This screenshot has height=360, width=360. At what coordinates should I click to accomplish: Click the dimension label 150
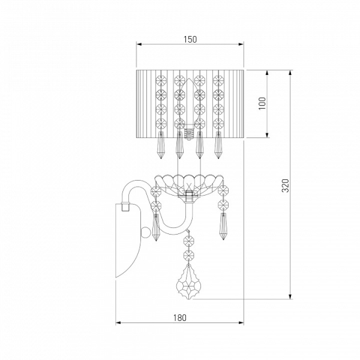pyautogui.click(x=190, y=40)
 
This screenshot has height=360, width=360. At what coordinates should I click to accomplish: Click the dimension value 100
pyautogui.click(x=262, y=103)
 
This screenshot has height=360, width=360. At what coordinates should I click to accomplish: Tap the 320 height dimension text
pyautogui.click(x=285, y=185)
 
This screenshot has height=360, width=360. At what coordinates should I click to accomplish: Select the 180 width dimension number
pyautogui.click(x=179, y=318)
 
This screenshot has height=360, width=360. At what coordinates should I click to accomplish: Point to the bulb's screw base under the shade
pyautogui.click(x=188, y=134)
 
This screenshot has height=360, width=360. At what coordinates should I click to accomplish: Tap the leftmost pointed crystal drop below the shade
pyautogui.click(x=161, y=145)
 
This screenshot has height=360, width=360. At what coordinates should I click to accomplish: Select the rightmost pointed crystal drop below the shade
pyautogui.click(x=218, y=145)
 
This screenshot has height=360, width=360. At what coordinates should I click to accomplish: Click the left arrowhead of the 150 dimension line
pyautogui.click(x=139, y=44)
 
